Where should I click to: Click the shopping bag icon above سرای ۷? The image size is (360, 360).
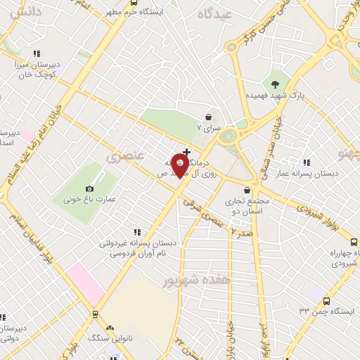pos(209,117)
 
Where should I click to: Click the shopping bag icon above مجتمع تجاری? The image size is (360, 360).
pos(247,190)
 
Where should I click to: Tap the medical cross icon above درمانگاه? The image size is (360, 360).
pos(186,151)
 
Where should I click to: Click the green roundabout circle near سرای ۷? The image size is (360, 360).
pos(227,136)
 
